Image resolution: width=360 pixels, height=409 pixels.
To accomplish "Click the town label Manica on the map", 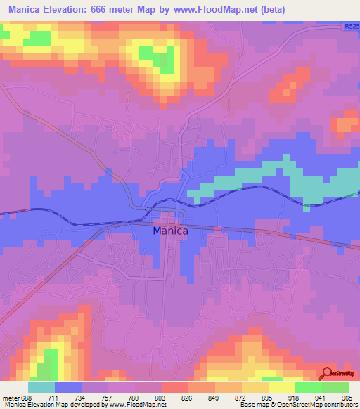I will [x=170, y=230].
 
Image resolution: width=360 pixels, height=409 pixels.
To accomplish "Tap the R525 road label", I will [x=352, y=27].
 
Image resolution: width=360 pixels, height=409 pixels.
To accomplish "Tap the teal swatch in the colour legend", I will [x=41, y=387].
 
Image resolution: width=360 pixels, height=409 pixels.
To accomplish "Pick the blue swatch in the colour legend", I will [x=68, y=387].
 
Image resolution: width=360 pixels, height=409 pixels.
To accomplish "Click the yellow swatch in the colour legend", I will [x=282, y=387].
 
